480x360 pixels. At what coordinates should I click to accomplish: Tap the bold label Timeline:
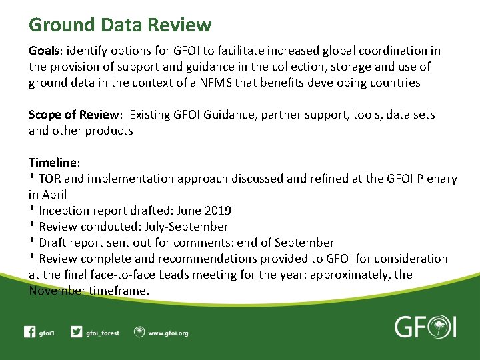click(x=55, y=163)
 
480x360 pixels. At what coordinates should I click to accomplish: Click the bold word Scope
click(x=45, y=115)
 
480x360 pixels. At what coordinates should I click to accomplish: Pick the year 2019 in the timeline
click(x=217, y=211)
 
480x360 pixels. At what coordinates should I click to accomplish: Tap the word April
click(x=55, y=195)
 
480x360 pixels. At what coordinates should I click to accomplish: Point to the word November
click(x=57, y=291)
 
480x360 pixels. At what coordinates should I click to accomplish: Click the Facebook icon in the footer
click(x=29, y=332)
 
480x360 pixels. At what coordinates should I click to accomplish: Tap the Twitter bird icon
click(x=77, y=332)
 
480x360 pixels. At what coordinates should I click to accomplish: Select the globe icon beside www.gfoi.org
click(x=139, y=332)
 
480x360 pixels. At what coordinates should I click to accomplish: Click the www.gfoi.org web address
click(x=168, y=333)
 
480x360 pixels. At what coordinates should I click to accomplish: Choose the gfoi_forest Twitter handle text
click(x=103, y=333)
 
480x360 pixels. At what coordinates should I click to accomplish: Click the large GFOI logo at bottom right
click(x=425, y=327)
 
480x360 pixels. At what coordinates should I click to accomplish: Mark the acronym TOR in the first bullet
click(x=50, y=179)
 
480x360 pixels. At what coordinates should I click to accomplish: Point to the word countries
click(x=397, y=83)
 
